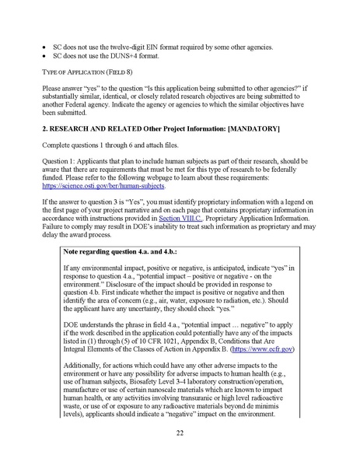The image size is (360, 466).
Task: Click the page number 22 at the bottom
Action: pyautogui.click(x=180, y=433)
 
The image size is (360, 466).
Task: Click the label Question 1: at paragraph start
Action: pyautogui.click(x=61, y=159)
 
